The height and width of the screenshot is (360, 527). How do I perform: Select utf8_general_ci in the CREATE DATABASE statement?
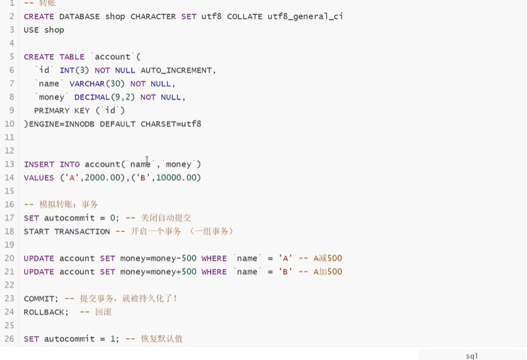point(305,16)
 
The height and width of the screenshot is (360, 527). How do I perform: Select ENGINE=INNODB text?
point(61,124)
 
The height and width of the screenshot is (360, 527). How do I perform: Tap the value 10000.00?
point(178,177)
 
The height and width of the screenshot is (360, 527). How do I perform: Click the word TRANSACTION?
point(82,231)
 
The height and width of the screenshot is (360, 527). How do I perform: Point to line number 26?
point(9,339)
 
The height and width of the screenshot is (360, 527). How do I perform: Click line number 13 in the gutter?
point(9,164)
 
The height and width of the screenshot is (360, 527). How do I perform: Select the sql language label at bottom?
point(472,356)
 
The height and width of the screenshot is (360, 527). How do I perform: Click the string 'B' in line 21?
point(285,272)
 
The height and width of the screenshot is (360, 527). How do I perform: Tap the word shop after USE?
point(54,30)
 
